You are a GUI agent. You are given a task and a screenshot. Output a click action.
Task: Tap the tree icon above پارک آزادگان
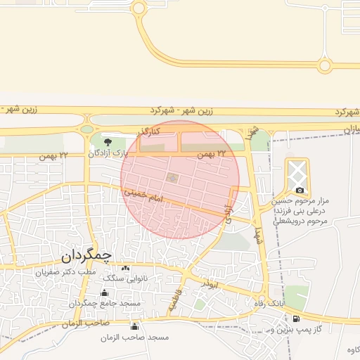[x=107, y=143]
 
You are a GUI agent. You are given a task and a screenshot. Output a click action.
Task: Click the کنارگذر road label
[x=149, y=131]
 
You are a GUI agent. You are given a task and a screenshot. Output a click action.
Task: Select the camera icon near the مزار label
[x=300, y=191]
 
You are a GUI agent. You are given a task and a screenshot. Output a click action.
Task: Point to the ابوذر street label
[x=210, y=284]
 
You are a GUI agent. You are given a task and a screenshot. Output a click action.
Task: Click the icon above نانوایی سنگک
[x=126, y=269]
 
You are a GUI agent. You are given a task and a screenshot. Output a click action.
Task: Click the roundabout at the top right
[x=324, y=65]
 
